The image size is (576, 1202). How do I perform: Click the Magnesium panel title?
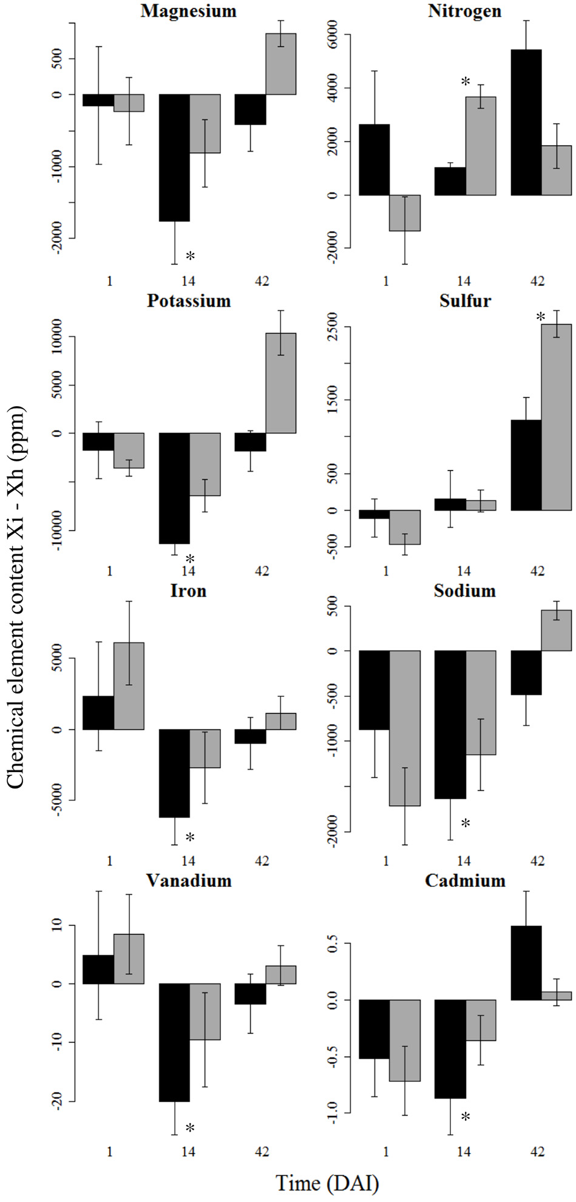coord(188,11)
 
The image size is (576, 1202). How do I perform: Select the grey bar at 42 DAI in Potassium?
coord(280,383)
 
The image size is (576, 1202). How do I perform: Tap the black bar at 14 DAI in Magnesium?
coord(175,157)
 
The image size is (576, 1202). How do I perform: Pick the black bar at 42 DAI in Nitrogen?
coord(526,122)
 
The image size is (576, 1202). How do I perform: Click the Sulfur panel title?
coord(465,301)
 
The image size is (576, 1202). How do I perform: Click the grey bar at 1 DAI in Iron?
coord(129,685)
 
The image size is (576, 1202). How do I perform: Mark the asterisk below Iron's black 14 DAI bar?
coord(190,838)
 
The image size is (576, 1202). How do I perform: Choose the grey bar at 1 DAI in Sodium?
coord(405,728)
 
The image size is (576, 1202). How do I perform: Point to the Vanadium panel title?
coord(189,881)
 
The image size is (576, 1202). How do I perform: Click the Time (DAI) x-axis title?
coord(327,1183)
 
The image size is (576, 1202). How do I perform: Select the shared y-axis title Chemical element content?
coord(15,597)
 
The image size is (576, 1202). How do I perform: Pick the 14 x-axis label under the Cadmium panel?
coord(463,1151)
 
